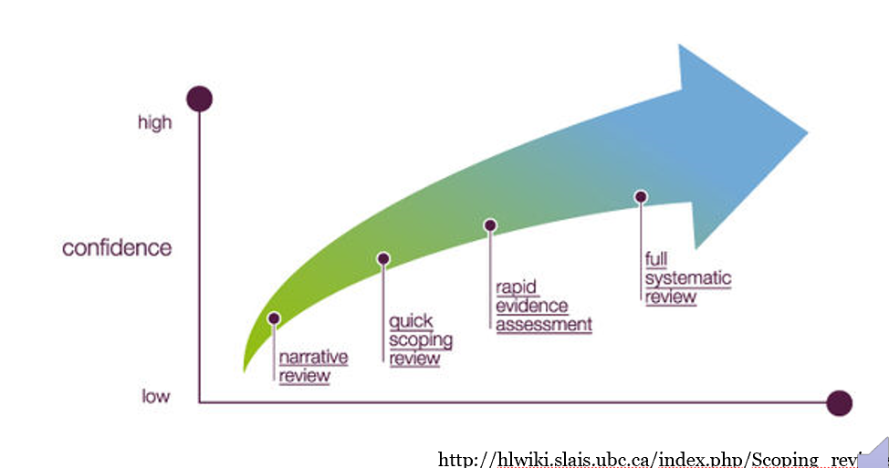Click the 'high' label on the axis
[154, 122]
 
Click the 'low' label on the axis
[156, 396]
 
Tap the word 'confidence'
[117, 248]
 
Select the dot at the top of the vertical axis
[199, 99]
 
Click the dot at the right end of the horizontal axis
[839, 403]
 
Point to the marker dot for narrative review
[274, 318]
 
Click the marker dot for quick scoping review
[383, 259]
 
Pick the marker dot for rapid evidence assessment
[490, 225]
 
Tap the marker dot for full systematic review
[641, 196]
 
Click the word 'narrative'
[313, 358]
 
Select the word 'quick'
[411, 322]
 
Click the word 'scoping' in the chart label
[421, 340]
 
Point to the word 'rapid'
[516, 288]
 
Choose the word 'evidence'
[532, 307]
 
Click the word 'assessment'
[544, 325]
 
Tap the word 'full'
[656, 260]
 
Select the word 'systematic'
[688, 278]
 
